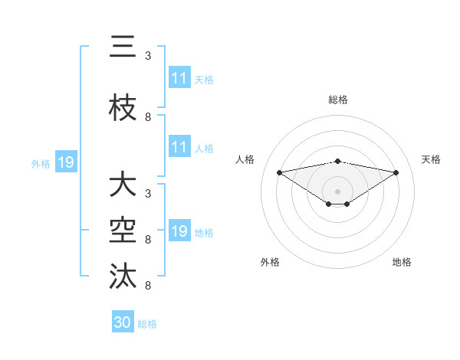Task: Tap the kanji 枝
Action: tap(123, 108)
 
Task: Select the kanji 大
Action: tap(123, 185)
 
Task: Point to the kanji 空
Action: tap(123, 229)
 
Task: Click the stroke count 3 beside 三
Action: tap(148, 56)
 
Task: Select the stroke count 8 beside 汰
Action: tap(148, 286)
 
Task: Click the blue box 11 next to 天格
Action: tap(179, 78)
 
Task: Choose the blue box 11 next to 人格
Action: tap(179, 147)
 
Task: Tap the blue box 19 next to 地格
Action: tap(179, 231)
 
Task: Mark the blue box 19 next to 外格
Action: tap(65, 162)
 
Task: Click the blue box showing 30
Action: tap(123, 322)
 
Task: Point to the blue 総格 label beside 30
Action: tap(148, 324)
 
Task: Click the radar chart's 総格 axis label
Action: tap(338, 100)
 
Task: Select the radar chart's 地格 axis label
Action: tap(402, 262)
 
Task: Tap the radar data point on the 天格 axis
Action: tap(396, 172)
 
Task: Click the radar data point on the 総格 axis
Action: tap(338, 161)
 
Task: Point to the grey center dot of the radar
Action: tap(338, 191)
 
